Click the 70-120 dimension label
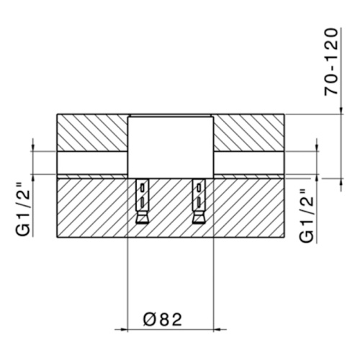click(331, 63)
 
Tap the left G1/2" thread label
click(23, 210)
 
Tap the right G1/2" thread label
click(306, 216)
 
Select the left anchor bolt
click(142, 202)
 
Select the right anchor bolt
click(199, 202)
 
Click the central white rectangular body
click(171, 147)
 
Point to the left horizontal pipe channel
click(92, 163)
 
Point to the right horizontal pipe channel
click(249, 163)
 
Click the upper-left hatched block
click(92, 132)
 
